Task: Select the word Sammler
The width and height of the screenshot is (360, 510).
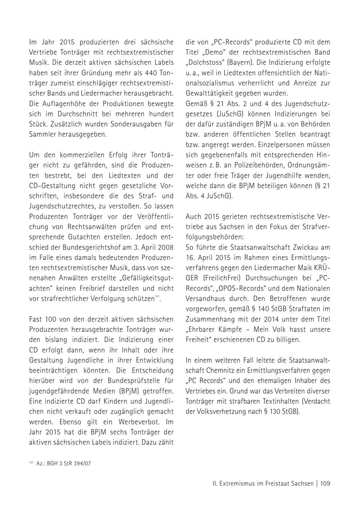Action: pos(42,134)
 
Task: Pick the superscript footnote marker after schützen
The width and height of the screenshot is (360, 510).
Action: pos(157,297)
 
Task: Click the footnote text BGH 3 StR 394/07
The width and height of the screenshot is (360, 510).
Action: pos(64,463)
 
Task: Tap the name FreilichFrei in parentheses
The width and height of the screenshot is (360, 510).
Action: pos(222,278)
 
